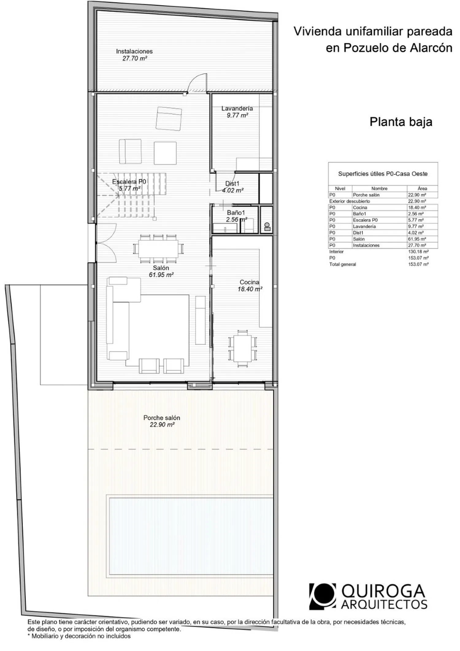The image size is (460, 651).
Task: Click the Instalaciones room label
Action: pyautogui.click(x=134, y=51)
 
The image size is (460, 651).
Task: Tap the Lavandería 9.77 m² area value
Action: pyautogui.click(x=237, y=115)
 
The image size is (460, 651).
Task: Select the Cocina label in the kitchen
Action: pyautogui.click(x=249, y=282)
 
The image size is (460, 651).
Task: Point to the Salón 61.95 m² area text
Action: pyautogui.click(x=161, y=275)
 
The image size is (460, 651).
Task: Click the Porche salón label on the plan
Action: pyautogui.click(x=162, y=417)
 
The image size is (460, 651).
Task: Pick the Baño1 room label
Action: pyautogui.click(x=236, y=212)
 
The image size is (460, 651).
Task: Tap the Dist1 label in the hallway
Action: pyautogui.click(x=232, y=183)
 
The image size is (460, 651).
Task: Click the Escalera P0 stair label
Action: pyautogui.click(x=129, y=181)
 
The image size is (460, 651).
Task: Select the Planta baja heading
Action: pyautogui.click(x=401, y=122)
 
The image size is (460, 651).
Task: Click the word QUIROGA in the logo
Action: pyautogui.click(x=383, y=591)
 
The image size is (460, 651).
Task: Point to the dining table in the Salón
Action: pyautogui.click(x=158, y=249)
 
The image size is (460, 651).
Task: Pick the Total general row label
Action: pyautogui.click(x=343, y=264)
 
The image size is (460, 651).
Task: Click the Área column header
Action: pyautogui.click(x=422, y=188)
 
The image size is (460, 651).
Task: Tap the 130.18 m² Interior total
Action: pyautogui.click(x=418, y=252)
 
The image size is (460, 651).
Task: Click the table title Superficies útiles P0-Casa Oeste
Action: pyautogui.click(x=383, y=174)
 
